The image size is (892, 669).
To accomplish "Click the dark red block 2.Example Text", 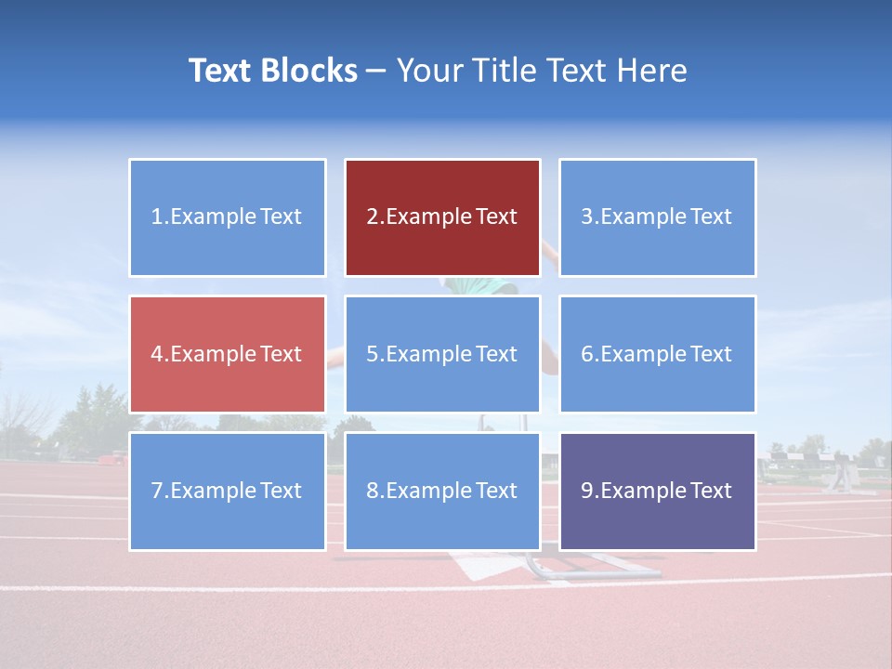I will click(x=442, y=217).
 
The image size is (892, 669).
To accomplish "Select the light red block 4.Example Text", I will click(x=227, y=354).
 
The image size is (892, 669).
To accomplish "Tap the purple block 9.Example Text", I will click(x=657, y=491).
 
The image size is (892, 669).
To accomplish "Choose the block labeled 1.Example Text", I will click(x=227, y=217).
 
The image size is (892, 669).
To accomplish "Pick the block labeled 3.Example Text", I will click(x=657, y=217).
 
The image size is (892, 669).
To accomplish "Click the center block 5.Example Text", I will click(x=442, y=354).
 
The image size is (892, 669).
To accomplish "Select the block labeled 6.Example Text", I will click(x=657, y=354).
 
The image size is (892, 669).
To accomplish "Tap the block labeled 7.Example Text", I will click(x=227, y=491).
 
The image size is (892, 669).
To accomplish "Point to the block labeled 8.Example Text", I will click(x=442, y=491).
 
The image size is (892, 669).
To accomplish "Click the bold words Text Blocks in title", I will click(x=272, y=71).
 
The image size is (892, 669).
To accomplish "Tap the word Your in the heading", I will click(x=428, y=71).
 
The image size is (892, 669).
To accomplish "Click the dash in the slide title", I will click(x=376, y=71).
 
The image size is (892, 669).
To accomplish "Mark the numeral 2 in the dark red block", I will click(x=372, y=217).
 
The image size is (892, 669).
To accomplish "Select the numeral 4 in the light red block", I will click(x=157, y=354).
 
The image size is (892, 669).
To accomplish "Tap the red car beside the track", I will click(x=114, y=458).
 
